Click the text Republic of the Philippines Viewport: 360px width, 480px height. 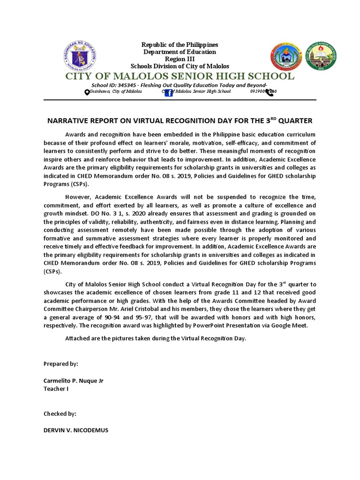point(180,45)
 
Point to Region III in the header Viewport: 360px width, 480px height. point(180,59)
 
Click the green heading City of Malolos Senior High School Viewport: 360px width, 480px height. point(180,76)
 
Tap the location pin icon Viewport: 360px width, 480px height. point(87,92)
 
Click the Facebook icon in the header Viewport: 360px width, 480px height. point(168,93)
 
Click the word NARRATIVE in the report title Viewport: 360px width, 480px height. point(68,121)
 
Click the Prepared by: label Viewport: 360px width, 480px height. point(61,364)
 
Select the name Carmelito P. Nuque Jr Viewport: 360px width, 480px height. point(74,381)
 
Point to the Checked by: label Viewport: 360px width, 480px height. point(60,414)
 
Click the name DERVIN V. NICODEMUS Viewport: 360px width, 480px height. point(76,430)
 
